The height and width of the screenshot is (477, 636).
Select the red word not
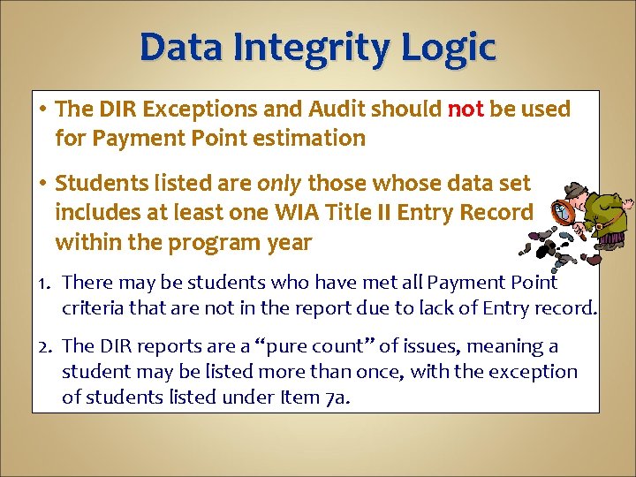[466, 110]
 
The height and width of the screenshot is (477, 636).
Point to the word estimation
[314, 139]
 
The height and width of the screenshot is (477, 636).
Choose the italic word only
[279, 184]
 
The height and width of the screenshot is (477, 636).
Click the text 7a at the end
[336, 397]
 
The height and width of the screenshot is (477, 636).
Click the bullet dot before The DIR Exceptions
[43, 110]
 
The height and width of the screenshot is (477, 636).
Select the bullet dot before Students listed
[43, 184]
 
